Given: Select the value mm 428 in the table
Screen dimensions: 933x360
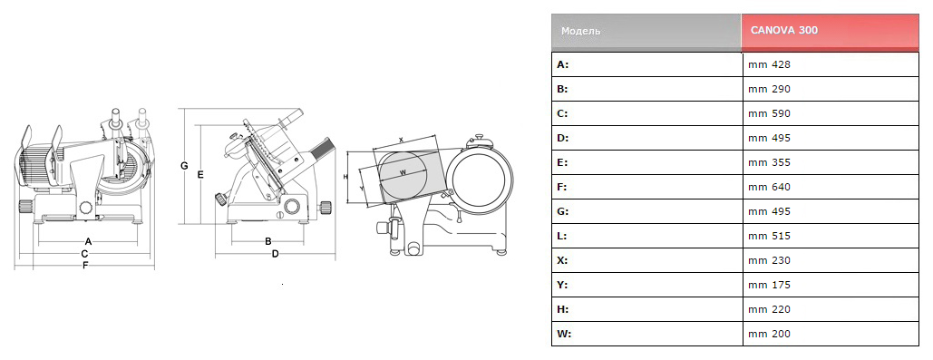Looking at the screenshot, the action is (x=769, y=64).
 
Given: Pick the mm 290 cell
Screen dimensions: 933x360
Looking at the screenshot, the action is (x=769, y=89).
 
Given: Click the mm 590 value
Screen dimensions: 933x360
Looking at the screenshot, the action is (x=769, y=113).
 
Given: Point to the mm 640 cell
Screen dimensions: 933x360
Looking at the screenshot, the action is (x=769, y=187).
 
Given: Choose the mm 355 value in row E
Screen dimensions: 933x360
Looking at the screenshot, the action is (x=769, y=161).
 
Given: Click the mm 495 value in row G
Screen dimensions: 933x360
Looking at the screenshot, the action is (x=769, y=211).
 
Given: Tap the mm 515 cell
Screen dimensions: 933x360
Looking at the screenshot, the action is (x=769, y=236).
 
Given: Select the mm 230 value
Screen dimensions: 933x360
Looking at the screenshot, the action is (x=769, y=260).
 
